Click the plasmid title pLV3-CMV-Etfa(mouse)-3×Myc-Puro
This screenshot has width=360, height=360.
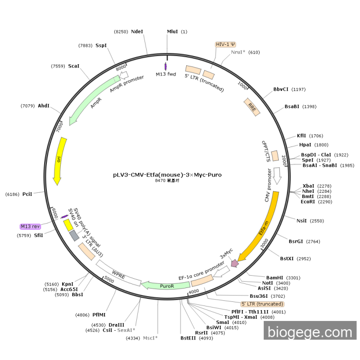167,174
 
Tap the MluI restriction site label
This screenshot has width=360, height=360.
172,31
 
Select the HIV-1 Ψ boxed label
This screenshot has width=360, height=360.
225,44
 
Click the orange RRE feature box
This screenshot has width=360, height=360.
251,107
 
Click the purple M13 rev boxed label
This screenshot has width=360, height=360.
30,226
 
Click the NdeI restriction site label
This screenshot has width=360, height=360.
137,31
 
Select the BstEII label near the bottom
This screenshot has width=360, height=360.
189,338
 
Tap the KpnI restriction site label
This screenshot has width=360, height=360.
67,283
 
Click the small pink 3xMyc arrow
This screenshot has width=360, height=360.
235,263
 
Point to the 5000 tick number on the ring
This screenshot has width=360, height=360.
109,279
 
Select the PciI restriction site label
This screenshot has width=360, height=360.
27,194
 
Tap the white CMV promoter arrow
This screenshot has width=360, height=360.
277,176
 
